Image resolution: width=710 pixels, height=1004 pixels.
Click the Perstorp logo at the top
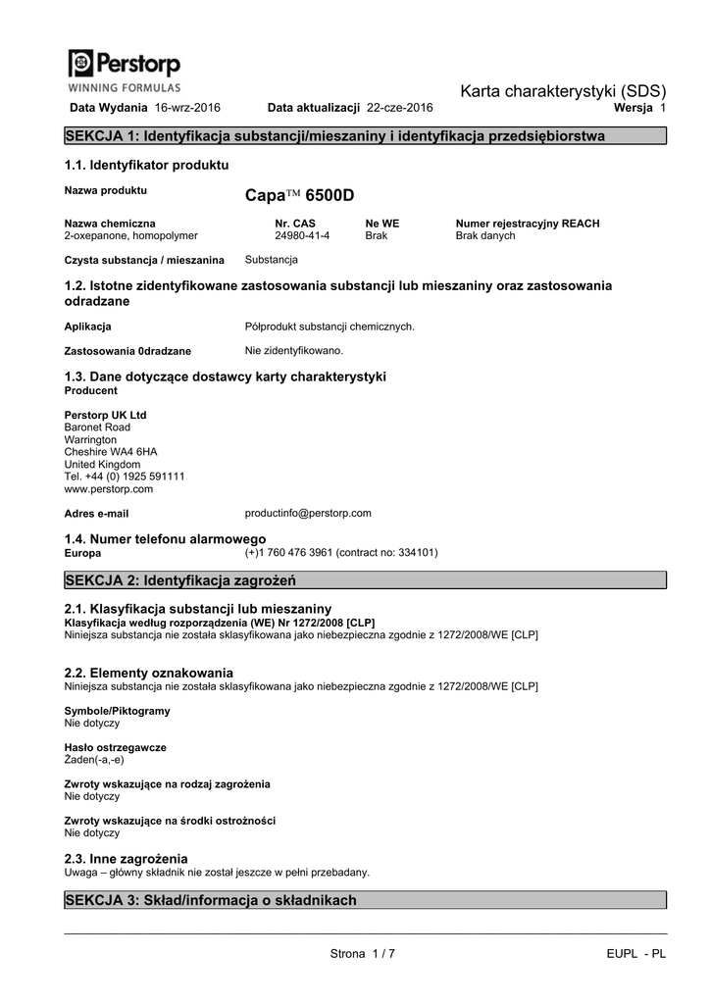[x=125, y=68]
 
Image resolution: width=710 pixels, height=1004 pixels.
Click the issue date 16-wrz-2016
[x=188, y=106]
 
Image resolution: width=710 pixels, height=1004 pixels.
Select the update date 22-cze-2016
[x=399, y=106]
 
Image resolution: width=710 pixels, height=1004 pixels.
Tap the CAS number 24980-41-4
[x=302, y=236]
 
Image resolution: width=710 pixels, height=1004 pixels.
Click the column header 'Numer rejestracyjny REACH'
[x=528, y=224]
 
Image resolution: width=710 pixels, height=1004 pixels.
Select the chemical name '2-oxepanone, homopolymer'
[x=130, y=236]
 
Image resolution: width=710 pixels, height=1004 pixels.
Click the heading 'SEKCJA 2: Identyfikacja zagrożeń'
[x=180, y=580]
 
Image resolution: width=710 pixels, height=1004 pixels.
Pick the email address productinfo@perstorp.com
[x=308, y=513]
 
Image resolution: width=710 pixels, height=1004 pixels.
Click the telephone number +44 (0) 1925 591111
[x=125, y=477]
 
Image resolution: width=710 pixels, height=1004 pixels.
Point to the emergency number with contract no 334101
[x=341, y=553]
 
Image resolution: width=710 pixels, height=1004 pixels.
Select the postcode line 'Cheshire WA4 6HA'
[x=110, y=452]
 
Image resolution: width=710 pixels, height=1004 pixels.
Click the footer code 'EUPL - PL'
[x=635, y=955]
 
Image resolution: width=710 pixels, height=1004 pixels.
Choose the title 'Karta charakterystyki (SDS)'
[x=563, y=91]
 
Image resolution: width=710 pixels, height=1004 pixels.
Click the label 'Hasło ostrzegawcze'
[x=115, y=747]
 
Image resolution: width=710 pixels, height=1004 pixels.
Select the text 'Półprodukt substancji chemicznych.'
[x=330, y=326]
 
